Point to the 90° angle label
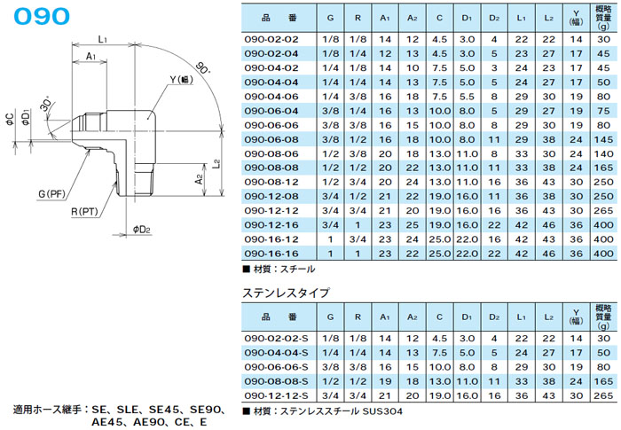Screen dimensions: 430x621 tap(205, 69)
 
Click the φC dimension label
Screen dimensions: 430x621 tap(8, 118)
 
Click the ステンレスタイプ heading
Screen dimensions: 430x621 tap(281, 291)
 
